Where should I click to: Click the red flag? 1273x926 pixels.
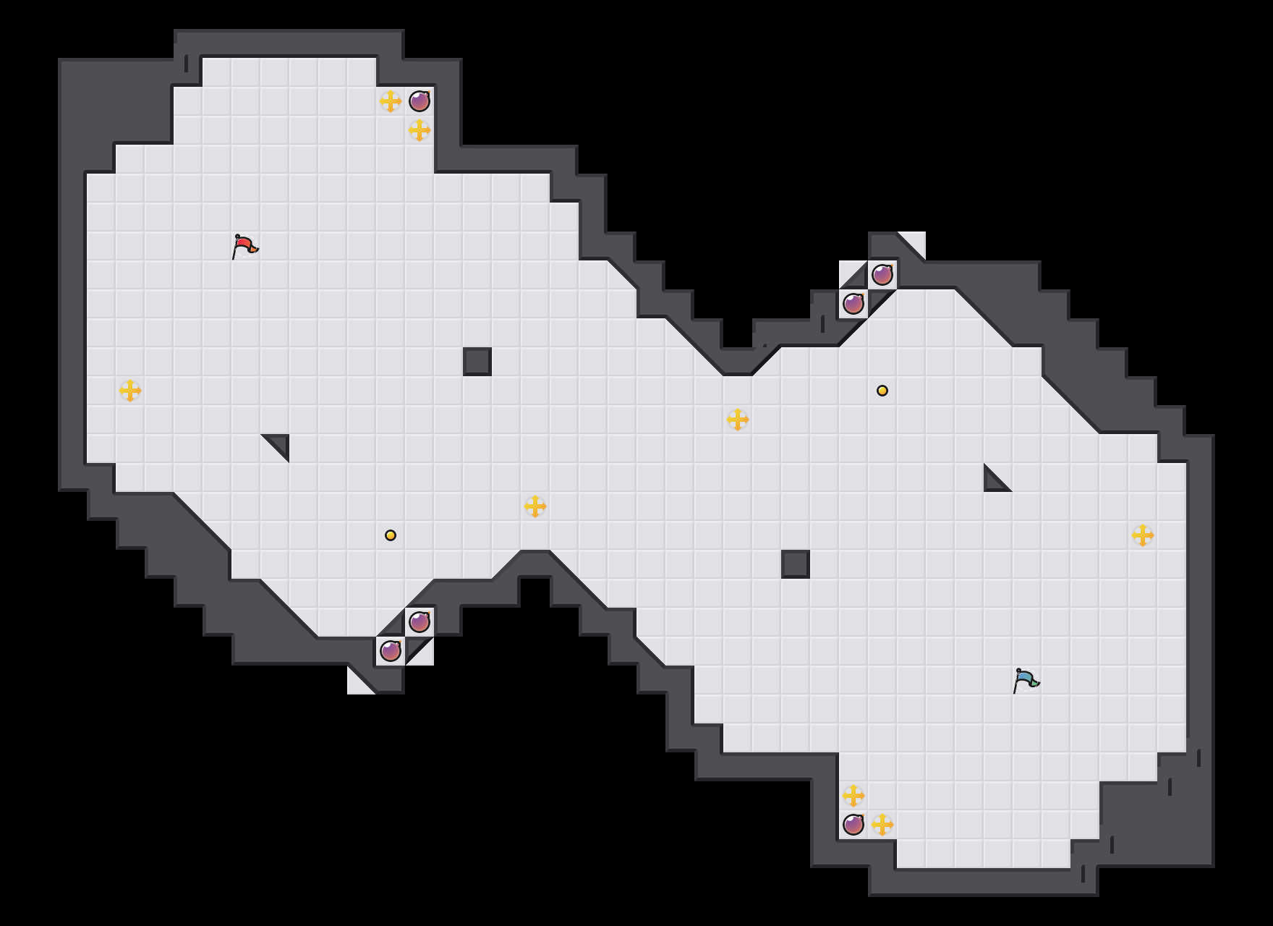(244, 246)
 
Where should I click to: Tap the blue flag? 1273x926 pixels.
(1026, 680)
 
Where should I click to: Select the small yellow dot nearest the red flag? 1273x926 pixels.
(391, 535)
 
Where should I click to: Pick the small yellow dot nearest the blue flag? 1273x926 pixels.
(882, 391)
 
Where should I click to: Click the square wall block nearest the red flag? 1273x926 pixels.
(477, 362)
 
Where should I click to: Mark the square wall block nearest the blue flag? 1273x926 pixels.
(796, 564)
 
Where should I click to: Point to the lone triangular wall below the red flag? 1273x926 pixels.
(279, 444)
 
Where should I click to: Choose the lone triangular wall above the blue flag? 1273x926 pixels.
(994, 482)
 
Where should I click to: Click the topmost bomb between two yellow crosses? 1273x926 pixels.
(420, 101)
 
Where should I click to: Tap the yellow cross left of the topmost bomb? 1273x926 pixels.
(391, 101)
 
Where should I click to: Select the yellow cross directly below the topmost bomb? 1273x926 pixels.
(420, 130)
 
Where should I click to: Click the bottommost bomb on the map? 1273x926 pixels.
(853, 825)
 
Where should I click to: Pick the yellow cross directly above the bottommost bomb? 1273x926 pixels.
(853, 796)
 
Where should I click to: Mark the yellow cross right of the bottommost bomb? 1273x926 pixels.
(882, 825)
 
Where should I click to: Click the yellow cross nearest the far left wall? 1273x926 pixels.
(130, 391)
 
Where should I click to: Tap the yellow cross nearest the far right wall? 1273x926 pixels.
(1143, 535)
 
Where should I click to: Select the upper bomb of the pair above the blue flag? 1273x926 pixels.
(882, 275)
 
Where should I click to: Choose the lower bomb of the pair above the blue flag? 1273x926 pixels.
(853, 304)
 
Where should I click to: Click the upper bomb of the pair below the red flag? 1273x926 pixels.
(420, 622)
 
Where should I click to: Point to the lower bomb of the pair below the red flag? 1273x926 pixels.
(391, 651)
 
